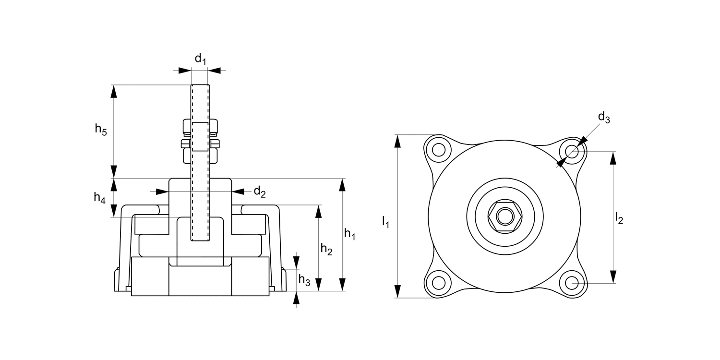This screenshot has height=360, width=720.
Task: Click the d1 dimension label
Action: pos(200,60)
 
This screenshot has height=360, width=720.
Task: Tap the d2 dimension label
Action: pos(260,192)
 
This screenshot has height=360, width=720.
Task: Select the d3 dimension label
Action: pos(604,118)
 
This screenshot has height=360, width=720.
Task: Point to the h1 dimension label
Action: pos(350,234)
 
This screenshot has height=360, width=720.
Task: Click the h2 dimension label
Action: pos(326,249)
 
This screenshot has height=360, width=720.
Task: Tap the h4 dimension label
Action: pos(99,197)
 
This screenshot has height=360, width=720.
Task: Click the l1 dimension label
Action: pos(385,222)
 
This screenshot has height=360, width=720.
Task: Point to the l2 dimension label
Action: pos(619,219)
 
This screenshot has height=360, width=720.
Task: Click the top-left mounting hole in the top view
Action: pos(438,150)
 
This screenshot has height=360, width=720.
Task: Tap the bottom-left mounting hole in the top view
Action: pos(438,283)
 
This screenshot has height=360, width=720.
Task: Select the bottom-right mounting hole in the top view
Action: pos(571,283)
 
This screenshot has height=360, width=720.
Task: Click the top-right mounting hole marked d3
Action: pos(571,151)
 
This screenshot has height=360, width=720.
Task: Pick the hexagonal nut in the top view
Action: pos(504,216)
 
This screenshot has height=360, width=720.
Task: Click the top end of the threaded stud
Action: pos(200,86)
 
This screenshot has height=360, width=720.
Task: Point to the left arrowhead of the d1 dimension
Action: pos(185,71)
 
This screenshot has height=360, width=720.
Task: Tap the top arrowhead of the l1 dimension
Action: pos(397,141)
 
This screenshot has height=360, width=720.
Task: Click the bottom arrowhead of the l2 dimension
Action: pos(613,277)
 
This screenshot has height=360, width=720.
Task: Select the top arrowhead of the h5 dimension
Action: pos(114,91)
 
